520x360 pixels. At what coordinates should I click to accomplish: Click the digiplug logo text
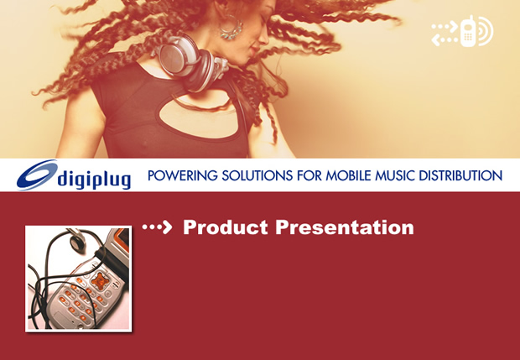point(94,180)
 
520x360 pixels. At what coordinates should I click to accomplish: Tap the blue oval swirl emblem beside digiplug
point(37,175)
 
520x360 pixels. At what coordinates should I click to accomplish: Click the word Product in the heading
point(226,227)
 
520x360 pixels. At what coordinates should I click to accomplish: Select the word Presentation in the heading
point(345,227)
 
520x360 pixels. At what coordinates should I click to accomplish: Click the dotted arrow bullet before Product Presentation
point(157,227)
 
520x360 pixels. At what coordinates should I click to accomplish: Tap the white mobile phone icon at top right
point(469,31)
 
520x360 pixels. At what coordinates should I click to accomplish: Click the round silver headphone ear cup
point(179,55)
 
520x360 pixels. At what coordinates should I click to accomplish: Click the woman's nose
point(264,39)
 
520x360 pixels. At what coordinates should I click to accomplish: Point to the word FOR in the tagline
point(309,175)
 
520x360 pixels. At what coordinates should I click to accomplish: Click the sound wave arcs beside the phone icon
point(485,31)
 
